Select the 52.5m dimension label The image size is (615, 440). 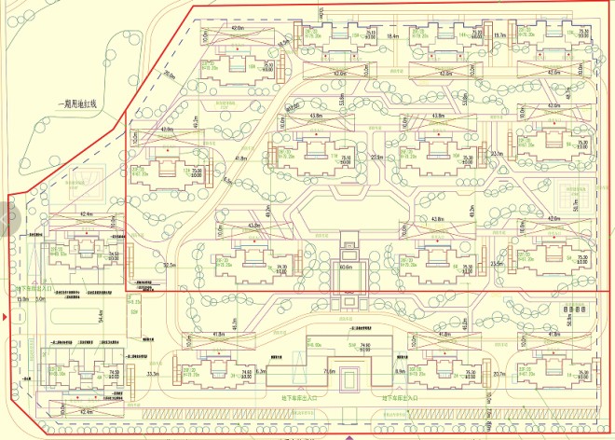(170, 266)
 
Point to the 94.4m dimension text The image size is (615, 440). (99, 319)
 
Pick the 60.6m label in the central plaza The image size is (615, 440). (347, 268)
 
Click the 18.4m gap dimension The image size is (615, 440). (392, 36)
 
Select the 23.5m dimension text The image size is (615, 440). (497, 264)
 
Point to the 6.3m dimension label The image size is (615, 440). (260, 373)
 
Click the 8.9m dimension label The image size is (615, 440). (399, 373)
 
